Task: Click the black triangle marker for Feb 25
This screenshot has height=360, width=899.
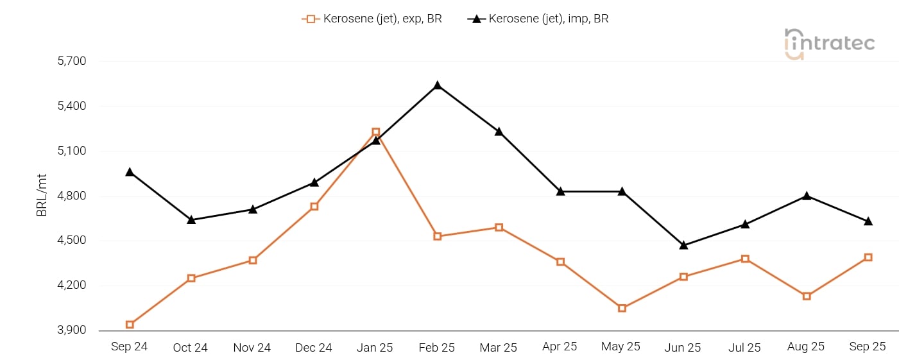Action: point(438,85)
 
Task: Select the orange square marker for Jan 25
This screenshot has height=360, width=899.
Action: point(376,132)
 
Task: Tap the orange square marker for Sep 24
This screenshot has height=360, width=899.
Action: point(130,325)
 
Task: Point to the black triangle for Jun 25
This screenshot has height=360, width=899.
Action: point(683,245)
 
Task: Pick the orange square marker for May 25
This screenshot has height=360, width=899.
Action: point(622,308)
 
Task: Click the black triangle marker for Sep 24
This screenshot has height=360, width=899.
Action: point(130,172)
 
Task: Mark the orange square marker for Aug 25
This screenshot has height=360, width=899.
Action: point(807,296)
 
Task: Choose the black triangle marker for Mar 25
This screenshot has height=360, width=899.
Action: point(499,132)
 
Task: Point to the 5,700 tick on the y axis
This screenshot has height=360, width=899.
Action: point(72,62)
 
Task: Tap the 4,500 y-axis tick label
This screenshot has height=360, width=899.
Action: point(72,241)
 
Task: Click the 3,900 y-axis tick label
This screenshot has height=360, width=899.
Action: point(72,330)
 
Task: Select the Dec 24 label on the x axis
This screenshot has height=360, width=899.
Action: point(314,348)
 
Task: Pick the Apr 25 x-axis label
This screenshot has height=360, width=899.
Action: point(560,347)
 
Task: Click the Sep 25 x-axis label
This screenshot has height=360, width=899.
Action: point(868,347)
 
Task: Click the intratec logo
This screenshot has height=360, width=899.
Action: point(829,44)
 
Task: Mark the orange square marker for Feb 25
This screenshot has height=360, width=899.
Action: point(438,236)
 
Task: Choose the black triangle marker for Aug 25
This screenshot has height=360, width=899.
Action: point(807,196)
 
